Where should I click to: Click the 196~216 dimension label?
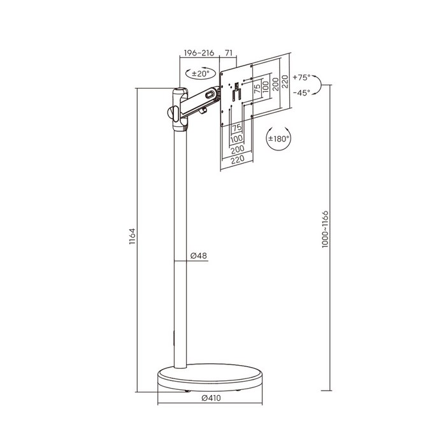(x=199, y=53)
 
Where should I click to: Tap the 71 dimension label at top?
(x=229, y=53)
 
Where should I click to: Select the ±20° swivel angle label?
(x=200, y=74)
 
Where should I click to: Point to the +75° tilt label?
(x=301, y=77)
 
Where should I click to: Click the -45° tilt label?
(x=301, y=93)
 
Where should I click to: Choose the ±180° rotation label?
(x=278, y=139)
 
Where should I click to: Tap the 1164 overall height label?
(x=133, y=236)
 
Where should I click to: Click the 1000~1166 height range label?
(x=325, y=229)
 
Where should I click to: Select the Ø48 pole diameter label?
(x=199, y=255)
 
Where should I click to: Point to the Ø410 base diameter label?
(x=211, y=398)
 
